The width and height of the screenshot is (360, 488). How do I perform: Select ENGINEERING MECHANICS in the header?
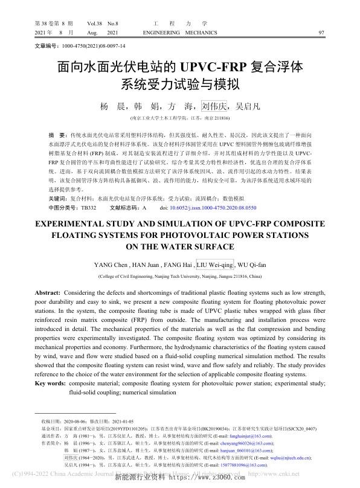177,31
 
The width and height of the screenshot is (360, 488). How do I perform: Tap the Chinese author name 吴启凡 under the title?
248,106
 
